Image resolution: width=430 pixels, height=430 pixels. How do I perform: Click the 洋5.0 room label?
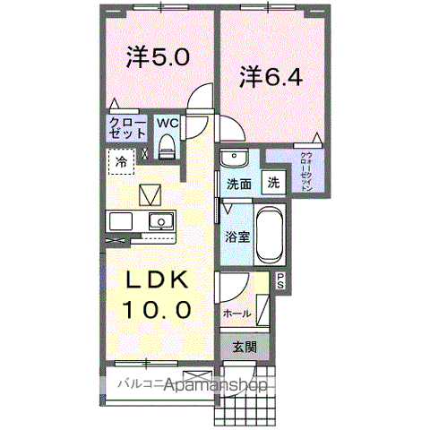(x=158, y=59)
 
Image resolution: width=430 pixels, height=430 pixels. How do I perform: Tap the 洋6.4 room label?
(x=270, y=77)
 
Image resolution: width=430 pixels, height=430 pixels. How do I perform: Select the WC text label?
(x=168, y=123)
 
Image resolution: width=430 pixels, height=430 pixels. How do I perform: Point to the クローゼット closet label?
(x=128, y=126)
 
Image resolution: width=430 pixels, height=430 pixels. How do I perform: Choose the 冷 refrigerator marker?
(x=121, y=162)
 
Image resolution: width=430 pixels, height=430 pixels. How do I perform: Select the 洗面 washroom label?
(x=238, y=185)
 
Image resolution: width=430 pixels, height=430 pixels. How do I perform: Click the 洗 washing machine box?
(x=272, y=182)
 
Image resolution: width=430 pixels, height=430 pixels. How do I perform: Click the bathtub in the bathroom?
(x=268, y=233)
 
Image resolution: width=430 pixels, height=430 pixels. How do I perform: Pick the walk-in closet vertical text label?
(x=306, y=173)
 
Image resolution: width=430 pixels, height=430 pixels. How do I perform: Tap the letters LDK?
(x=156, y=282)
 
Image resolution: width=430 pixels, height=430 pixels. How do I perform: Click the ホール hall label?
(x=236, y=314)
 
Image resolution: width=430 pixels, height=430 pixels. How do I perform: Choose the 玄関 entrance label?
(x=245, y=348)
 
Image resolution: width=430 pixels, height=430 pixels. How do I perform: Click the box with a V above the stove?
(x=149, y=193)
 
